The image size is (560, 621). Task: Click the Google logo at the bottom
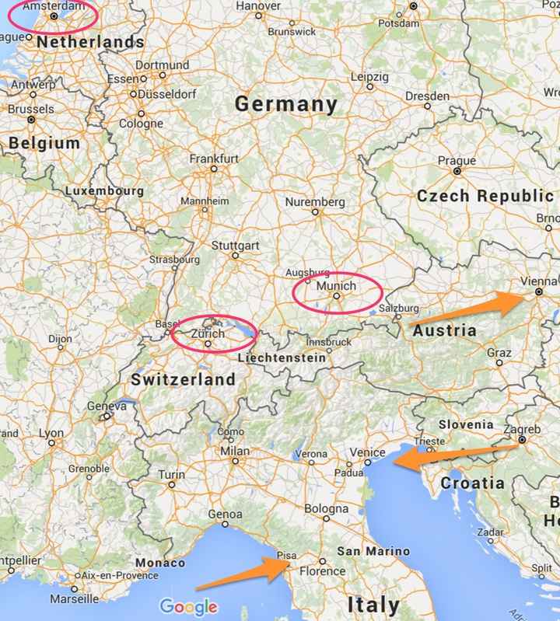(x=188, y=606)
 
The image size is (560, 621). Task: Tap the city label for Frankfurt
(x=214, y=158)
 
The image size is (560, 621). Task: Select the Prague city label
(x=457, y=161)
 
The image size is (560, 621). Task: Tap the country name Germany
(x=286, y=104)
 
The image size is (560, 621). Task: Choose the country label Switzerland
(x=183, y=379)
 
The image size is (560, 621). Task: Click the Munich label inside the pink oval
(x=337, y=286)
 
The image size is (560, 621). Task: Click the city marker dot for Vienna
(x=539, y=292)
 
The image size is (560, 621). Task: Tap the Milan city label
(x=235, y=451)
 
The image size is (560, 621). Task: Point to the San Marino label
(x=373, y=551)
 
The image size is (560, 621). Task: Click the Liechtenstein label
(x=282, y=358)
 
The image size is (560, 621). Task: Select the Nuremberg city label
(x=315, y=202)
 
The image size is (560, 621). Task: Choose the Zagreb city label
(x=522, y=429)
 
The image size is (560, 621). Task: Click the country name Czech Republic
(x=485, y=196)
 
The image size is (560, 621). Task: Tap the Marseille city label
(x=74, y=599)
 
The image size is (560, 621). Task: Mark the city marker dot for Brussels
(x=31, y=120)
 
